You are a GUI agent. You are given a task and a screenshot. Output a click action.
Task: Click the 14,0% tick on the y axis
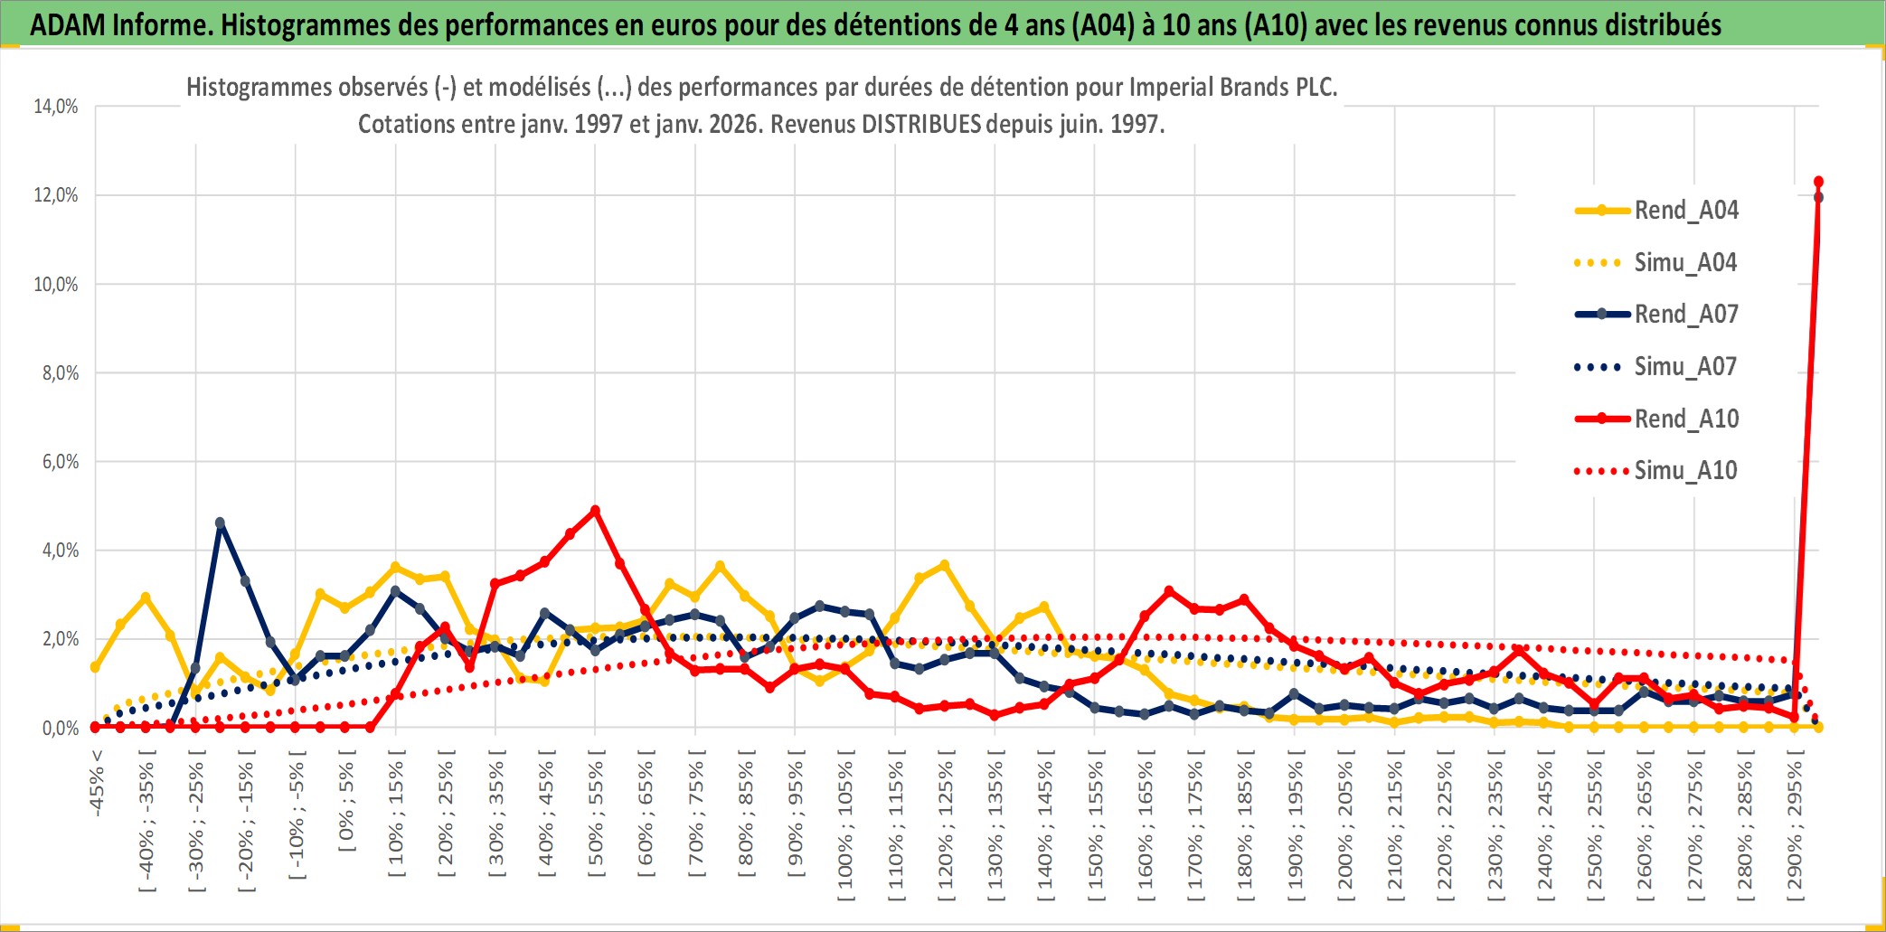(56, 107)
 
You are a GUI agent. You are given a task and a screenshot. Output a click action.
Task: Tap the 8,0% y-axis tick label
(60, 373)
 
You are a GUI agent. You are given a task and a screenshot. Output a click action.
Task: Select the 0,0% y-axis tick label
(60, 729)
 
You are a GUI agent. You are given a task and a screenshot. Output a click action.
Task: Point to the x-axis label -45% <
(97, 783)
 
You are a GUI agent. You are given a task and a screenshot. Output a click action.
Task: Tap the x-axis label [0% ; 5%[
(346, 806)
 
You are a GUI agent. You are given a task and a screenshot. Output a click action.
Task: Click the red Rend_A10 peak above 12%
(1818, 182)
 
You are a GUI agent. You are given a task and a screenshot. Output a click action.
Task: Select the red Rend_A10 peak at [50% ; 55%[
(595, 511)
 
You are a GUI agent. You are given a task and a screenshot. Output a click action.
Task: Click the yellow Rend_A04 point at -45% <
(95, 667)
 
